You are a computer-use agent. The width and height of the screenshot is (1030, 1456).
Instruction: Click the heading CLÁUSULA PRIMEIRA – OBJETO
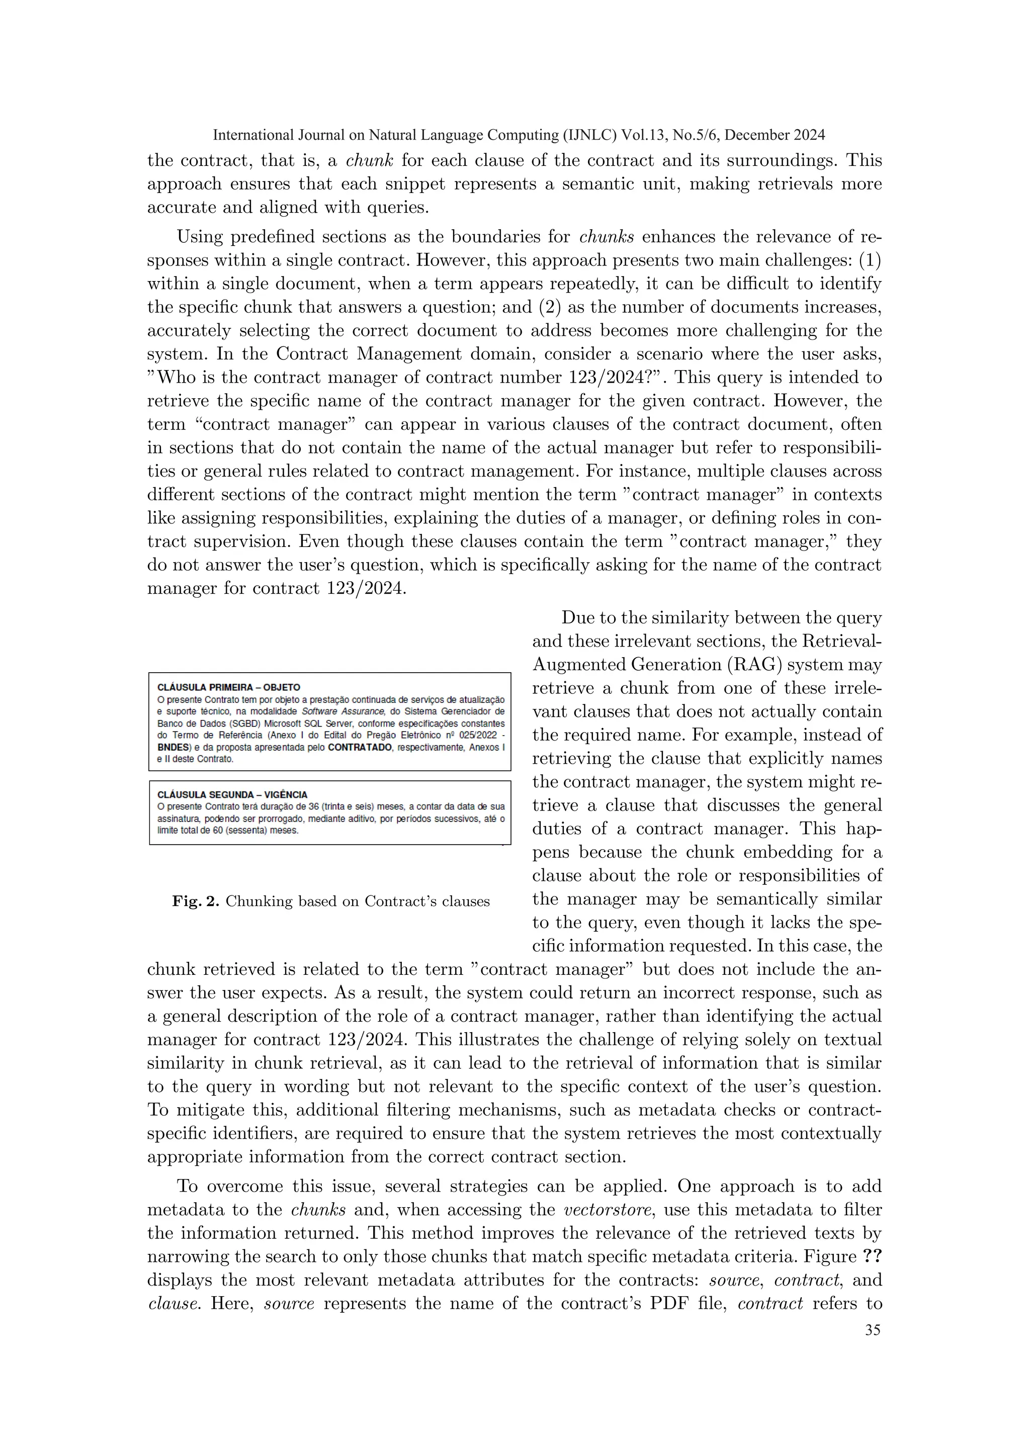coord(228,687)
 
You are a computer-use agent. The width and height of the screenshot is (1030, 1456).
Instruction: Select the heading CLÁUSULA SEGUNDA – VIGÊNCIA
coord(232,794)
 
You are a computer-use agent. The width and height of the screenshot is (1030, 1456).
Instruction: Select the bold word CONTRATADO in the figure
coord(359,747)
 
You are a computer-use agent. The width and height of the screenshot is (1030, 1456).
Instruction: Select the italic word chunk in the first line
coord(369,160)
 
